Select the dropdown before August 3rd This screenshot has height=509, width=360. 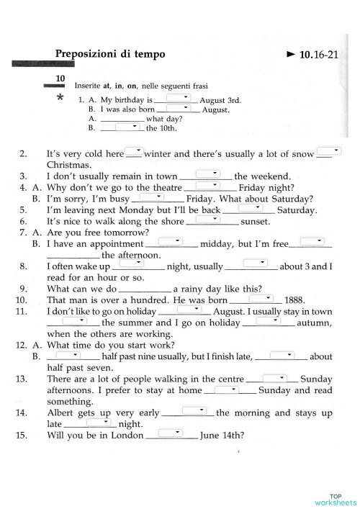(x=177, y=98)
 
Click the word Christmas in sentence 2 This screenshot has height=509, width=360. (x=68, y=165)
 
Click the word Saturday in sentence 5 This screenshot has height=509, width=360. (x=297, y=210)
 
